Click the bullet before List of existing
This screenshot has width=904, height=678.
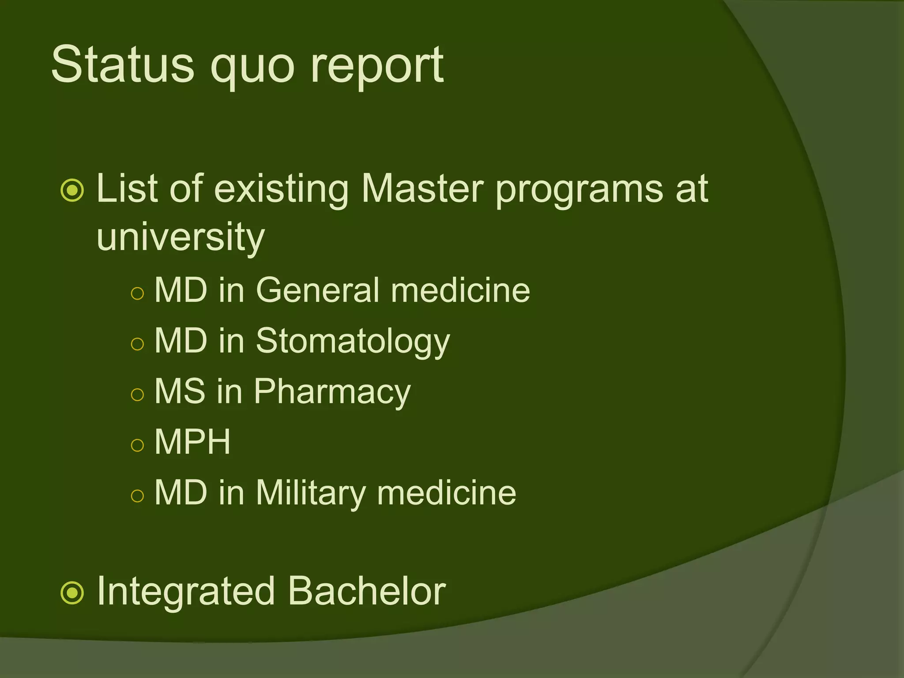pos(72,191)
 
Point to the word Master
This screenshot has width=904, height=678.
pos(422,189)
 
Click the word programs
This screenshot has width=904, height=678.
pos(579,191)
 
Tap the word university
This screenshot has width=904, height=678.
pos(181,237)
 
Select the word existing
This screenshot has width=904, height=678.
pos(282,190)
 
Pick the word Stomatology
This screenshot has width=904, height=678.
pos(353,342)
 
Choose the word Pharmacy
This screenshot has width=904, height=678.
pos(331,392)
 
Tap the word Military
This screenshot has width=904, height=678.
pos(310,493)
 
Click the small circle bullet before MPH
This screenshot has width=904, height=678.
pos(138,444)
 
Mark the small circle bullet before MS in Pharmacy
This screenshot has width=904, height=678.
pos(138,394)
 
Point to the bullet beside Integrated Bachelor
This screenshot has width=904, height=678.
pos(72,593)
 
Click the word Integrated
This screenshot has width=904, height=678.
pos(186,592)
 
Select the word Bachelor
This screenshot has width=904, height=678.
pos(367,591)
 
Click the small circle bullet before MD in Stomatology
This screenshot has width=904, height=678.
pos(138,344)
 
